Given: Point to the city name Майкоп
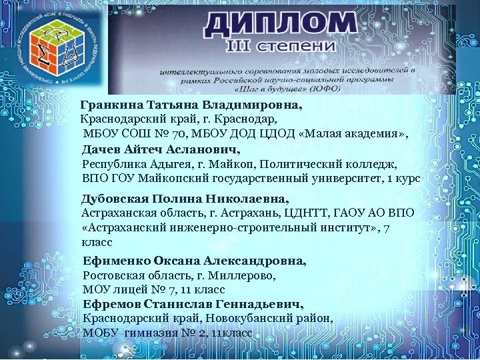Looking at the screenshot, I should [x=233, y=164].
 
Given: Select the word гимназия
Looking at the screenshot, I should [x=153, y=333].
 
